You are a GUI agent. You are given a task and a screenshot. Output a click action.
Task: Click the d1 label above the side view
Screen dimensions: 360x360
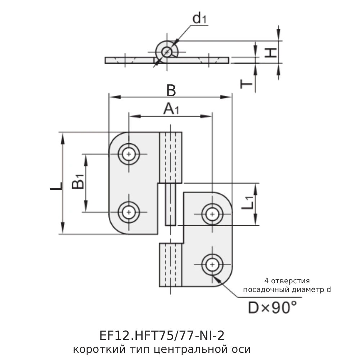click(x=199, y=18)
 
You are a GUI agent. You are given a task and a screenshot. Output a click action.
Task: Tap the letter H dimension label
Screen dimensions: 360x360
click(x=271, y=53)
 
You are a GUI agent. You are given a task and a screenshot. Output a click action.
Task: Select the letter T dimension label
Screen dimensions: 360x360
click(x=246, y=84)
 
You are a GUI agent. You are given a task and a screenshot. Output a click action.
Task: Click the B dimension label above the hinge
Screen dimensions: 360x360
click(x=171, y=90)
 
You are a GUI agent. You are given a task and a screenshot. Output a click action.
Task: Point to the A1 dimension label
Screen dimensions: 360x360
click(x=171, y=109)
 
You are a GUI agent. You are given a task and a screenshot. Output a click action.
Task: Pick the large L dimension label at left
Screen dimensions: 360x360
click(x=56, y=186)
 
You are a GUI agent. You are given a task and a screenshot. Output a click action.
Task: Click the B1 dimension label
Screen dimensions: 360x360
click(x=78, y=181)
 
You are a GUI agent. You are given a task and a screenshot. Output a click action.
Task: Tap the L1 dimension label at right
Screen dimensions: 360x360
click(x=248, y=203)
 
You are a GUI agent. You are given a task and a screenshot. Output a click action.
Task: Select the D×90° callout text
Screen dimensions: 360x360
click(x=272, y=307)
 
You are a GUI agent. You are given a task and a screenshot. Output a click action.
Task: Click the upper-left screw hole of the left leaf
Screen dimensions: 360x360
click(x=129, y=154)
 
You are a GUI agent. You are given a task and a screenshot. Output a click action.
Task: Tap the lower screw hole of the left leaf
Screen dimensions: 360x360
click(x=129, y=212)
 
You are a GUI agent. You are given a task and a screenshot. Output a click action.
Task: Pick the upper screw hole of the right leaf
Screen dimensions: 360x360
click(x=212, y=214)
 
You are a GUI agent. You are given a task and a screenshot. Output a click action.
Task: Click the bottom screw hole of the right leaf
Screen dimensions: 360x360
click(x=212, y=265)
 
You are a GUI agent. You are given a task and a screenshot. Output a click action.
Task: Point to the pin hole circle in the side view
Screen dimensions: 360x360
click(x=167, y=52)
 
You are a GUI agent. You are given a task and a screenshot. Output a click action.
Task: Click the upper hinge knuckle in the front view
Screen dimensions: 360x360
click(x=171, y=158)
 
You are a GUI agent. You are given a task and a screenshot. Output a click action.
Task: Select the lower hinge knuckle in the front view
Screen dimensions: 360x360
click(x=171, y=265)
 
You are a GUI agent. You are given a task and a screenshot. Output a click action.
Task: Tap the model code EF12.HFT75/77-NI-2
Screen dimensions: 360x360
click(x=162, y=336)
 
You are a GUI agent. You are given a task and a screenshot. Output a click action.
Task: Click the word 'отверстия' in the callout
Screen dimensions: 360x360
click(x=291, y=281)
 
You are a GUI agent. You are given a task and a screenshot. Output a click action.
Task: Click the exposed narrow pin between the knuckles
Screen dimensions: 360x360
click(x=171, y=204)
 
